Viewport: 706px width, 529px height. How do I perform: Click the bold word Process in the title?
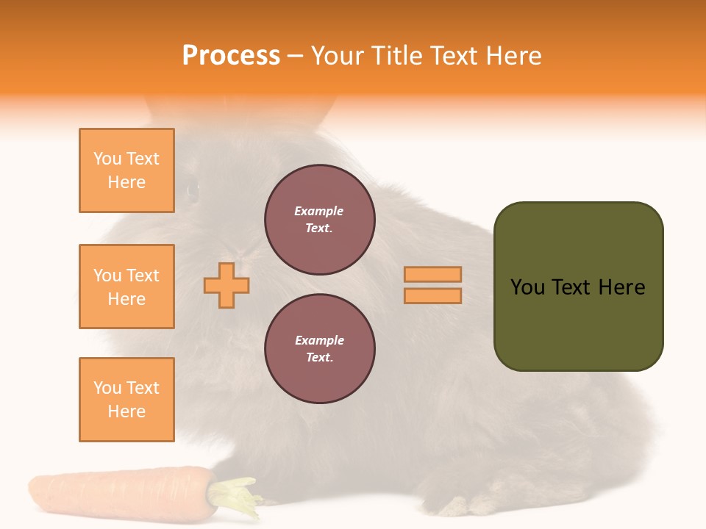[231, 56]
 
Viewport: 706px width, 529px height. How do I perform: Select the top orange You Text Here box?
[126, 170]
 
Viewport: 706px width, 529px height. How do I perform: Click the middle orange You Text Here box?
[126, 287]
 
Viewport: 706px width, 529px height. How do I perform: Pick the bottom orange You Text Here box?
[126, 400]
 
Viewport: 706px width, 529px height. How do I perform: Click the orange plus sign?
[227, 285]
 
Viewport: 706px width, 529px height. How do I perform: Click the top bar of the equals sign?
[432, 275]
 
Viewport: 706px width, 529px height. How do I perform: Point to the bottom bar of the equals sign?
[432, 296]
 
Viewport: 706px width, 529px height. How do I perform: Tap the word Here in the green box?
[621, 287]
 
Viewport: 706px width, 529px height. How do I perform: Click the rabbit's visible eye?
[193, 190]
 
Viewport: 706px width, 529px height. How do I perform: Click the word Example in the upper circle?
[319, 211]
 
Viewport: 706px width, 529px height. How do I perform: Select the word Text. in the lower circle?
[319, 357]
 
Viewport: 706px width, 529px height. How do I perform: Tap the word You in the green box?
[527, 287]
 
